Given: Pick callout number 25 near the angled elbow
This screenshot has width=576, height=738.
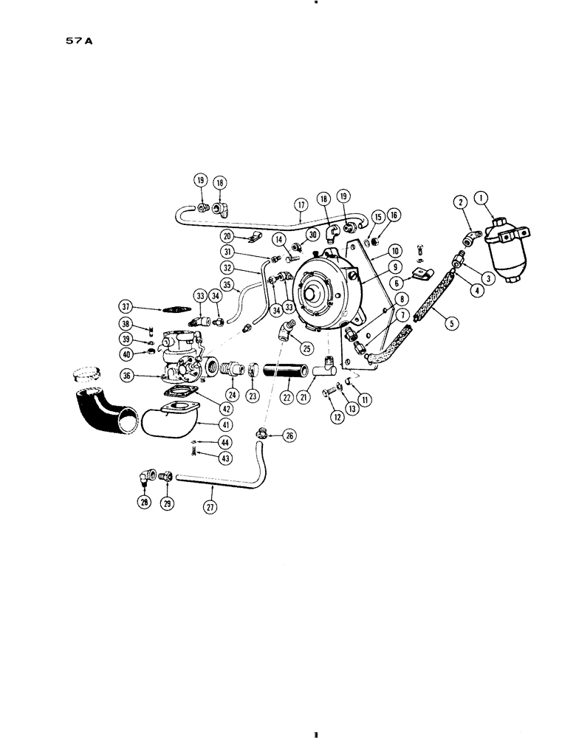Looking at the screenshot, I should (305, 345).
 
